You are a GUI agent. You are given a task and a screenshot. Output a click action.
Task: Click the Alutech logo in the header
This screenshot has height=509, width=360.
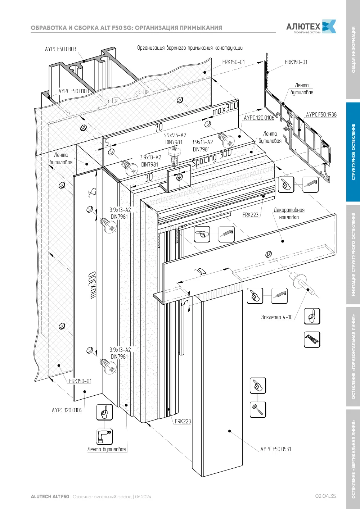click(x=311, y=26)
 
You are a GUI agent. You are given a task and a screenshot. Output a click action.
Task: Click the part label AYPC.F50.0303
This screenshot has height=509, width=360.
click(x=60, y=49)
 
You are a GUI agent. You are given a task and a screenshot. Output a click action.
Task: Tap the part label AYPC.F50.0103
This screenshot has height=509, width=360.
click(x=73, y=91)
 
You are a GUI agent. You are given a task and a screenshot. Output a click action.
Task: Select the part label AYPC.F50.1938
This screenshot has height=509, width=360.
click(x=321, y=114)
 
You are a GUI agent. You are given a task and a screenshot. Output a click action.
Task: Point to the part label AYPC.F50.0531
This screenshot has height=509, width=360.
click(x=275, y=449)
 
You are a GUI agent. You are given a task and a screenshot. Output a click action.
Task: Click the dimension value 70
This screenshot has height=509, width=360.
click(x=158, y=127)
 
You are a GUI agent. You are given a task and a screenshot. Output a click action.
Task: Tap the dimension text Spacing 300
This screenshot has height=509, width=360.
click(x=212, y=158)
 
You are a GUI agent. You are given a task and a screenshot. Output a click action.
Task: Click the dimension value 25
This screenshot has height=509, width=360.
click(x=92, y=192)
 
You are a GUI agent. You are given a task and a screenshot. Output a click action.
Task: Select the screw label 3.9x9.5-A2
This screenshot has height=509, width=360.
click(x=175, y=135)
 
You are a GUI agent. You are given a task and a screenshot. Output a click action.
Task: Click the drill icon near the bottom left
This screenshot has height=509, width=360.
click(x=104, y=436)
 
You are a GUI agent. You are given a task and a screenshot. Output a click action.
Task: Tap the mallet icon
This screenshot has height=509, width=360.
click(x=258, y=410)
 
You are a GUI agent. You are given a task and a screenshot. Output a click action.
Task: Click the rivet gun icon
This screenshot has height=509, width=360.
click(x=312, y=339)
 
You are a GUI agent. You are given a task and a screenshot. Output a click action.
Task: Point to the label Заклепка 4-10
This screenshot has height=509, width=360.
click(x=277, y=317)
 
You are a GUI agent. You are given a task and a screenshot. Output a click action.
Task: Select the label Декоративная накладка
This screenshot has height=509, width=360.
click(x=289, y=213)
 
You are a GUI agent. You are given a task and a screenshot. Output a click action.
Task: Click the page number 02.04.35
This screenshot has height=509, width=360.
click(x=325, y=496)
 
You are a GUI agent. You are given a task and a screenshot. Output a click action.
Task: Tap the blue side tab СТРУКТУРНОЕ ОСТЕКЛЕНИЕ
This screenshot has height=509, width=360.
click(x=353, y=152)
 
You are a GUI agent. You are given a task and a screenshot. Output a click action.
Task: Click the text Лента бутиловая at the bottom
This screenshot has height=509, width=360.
click(x=107, y=449)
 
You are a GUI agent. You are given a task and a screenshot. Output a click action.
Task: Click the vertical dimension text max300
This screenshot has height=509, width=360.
click(x=93, y=285)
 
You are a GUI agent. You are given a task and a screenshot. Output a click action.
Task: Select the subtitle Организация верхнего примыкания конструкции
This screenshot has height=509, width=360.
click(x=190, y=48)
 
